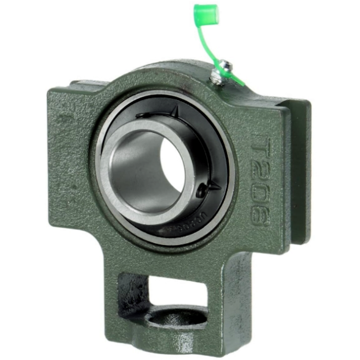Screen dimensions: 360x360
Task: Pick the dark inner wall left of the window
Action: [130, 292]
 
